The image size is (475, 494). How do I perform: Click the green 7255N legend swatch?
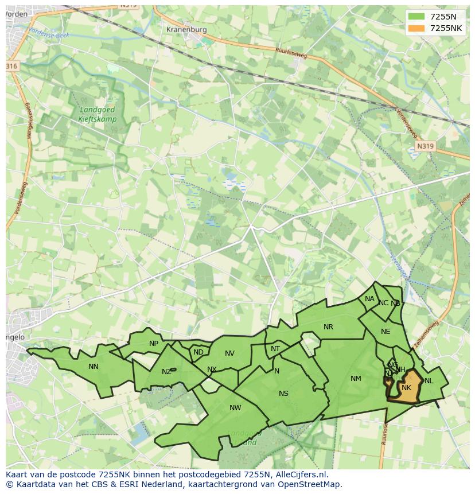[x=417, y=17]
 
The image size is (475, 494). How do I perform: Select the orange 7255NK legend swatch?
[x=417, y=28]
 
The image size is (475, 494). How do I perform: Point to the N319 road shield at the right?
[x=425, y=146]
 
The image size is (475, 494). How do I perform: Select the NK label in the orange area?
[x=406, y=388]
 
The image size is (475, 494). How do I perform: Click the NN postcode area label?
[x=93, y=367]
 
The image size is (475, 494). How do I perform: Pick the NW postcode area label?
[x=235, y=408]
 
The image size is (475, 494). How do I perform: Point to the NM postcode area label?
[x=356, y=379]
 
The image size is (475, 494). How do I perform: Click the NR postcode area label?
[x=328, y=327]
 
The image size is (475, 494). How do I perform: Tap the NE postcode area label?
[x=386, y=332]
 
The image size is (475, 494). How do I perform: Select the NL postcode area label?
[x=429, y=381]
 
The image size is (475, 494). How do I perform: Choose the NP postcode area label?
[x=154, y=344]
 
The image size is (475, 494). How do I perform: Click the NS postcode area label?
[x=283, y=394]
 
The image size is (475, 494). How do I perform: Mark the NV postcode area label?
[x=229, y=353]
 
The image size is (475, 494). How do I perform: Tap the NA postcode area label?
[x=369, y=299]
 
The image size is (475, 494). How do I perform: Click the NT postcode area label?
[x=275, y=349]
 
